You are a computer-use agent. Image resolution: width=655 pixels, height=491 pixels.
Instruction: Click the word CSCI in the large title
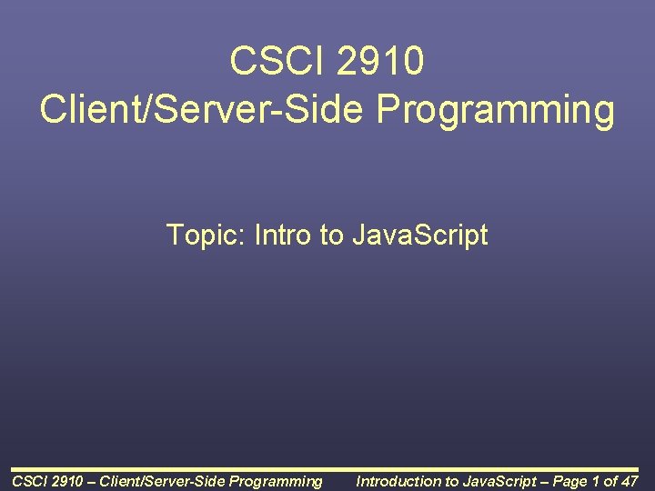[x=278, y=62]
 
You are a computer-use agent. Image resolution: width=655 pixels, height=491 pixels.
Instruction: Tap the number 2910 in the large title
[x=381, y=62]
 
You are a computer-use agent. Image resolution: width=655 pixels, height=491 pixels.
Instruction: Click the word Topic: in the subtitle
[x=207, y=235]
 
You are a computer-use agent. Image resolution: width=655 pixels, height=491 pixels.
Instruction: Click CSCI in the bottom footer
[x=26, y=481]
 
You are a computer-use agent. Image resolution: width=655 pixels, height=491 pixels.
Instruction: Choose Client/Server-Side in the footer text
[x=165, y=481]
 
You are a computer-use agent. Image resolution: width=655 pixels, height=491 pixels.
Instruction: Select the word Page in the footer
[x=570, y=481]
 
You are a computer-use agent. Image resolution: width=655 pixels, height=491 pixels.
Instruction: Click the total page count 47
[x=629, y=481]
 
